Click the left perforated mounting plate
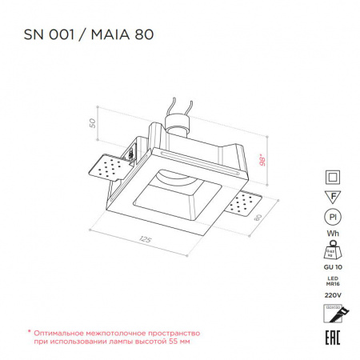click(105, 169)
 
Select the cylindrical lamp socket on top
click(178, 124)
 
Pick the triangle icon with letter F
click(332, 196)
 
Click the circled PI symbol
click(332, 216)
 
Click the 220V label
click(332, 294)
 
